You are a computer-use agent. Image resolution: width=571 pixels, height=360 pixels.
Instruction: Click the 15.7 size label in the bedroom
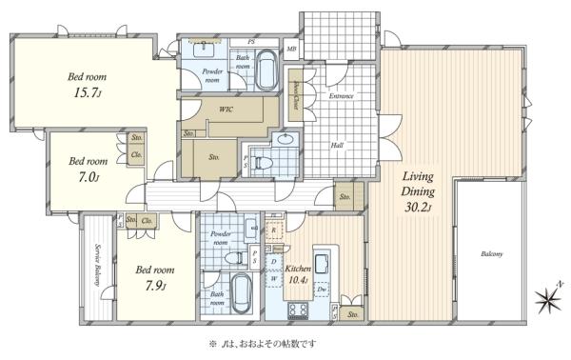click(x=86, y=94)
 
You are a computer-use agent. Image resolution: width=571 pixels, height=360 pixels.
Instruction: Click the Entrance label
click(x=342, y=96)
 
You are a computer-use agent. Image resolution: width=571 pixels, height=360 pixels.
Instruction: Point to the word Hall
click(x=337, y=145)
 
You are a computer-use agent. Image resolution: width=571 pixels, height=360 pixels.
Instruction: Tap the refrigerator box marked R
click(x=274, y=230)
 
